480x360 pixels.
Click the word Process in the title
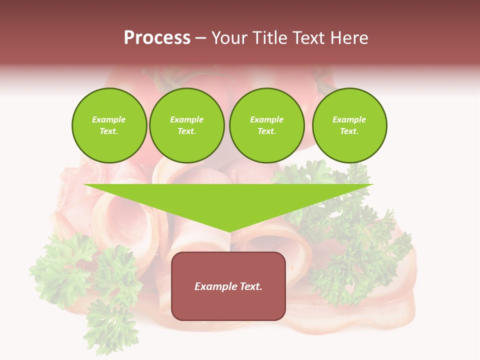pos(157,38)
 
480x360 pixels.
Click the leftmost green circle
pos(109,125)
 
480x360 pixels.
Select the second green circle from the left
pos(186,125)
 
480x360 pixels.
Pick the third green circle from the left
pos(266,125)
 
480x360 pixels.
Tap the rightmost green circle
pos(349,125)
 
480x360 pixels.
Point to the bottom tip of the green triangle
pos(229,231)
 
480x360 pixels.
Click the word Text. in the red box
pos(250,286)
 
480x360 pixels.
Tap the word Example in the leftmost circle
pos(109,119)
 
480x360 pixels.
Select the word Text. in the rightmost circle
pos(349,131)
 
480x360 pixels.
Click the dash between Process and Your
pos(200,38)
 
